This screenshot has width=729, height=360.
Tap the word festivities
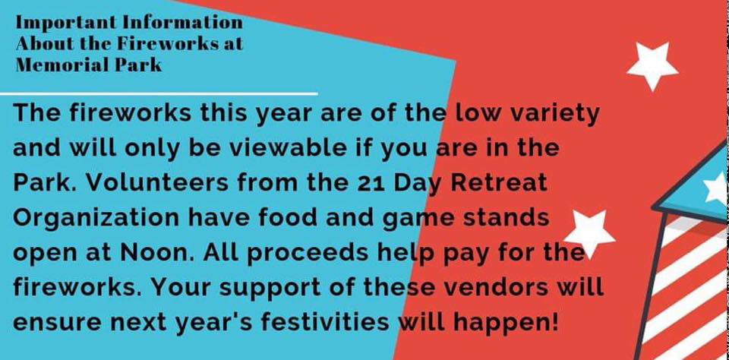pyautogui.click(x=310, y=323)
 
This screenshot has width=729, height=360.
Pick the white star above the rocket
pyautogui.click(x=652, y=65)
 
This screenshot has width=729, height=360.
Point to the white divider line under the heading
pyautogui.click(x=159, y=94)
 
